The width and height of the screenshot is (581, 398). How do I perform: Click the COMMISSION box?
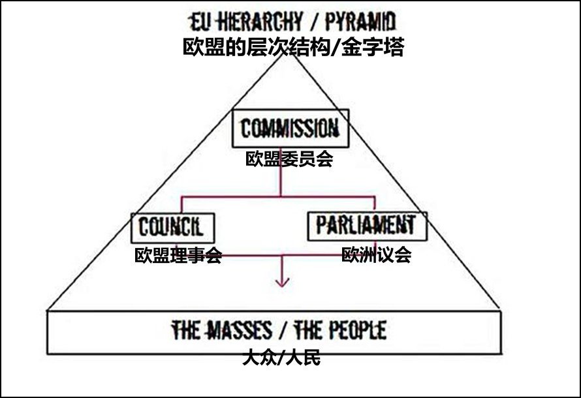click(x=290, y=129)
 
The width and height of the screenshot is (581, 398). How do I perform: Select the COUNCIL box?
click(x=172, y=228)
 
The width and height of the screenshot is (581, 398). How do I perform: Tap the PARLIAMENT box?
click(x=366, y=226)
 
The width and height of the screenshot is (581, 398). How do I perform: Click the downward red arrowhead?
click(x=282, y=282)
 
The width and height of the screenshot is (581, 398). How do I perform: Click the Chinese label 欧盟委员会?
click(x=289, y=159)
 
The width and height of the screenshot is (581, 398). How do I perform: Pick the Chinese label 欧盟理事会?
click(x=178, y=255)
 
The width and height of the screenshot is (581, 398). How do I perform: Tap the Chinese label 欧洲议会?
click(x=377, y=254)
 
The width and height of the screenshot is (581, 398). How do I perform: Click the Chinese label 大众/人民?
click(x=281, y=358)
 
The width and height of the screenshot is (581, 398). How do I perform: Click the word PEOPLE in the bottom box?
click(x=356, y=330)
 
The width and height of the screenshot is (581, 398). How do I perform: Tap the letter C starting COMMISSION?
click(x=247, y=129)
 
